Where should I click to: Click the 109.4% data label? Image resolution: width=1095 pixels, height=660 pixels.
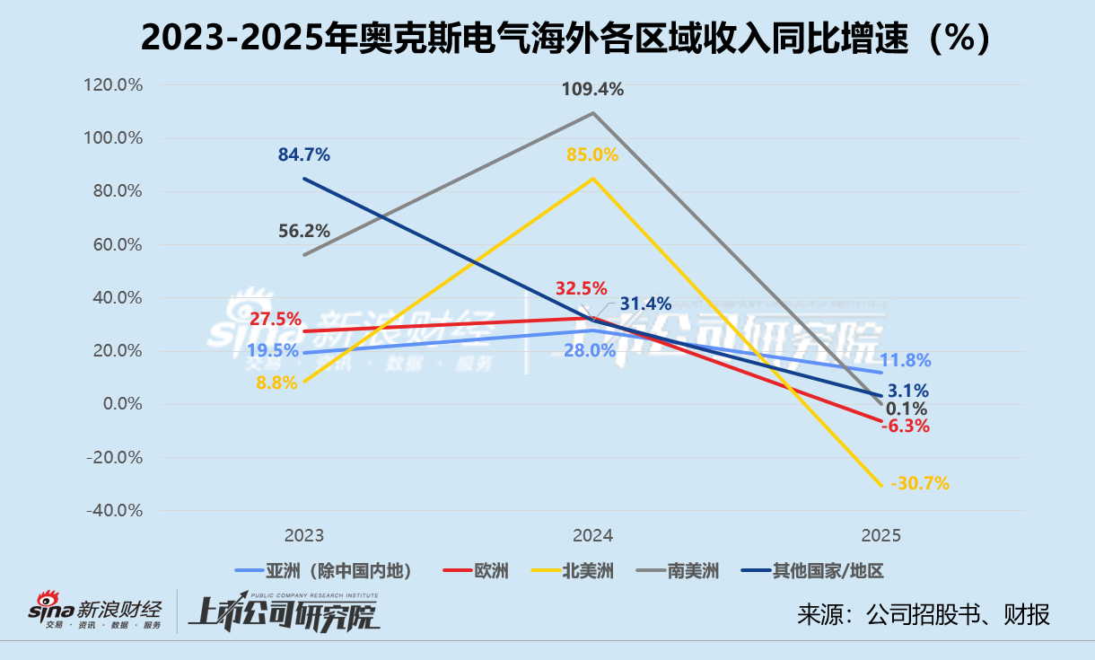click(592, 89)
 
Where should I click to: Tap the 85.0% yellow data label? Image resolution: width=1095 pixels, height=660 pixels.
click(592, 154)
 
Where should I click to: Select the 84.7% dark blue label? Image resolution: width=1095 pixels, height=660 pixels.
click(304, 154)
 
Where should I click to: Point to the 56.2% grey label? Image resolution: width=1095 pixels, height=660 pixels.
click(304, 231)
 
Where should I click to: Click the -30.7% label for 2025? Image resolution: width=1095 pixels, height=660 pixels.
click(920, 483)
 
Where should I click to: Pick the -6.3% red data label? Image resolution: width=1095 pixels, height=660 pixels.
click(905, 426)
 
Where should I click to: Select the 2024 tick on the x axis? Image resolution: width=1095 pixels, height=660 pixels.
click(592, 536)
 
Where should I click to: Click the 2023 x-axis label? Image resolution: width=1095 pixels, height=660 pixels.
click(304, 536)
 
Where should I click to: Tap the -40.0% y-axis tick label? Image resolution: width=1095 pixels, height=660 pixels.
click(116, 510)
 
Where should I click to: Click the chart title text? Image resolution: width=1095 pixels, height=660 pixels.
click(547, 38)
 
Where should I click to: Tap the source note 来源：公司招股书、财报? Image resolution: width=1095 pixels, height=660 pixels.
click(924, 614)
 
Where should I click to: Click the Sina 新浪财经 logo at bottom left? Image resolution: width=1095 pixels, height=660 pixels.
click(100, 612)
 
